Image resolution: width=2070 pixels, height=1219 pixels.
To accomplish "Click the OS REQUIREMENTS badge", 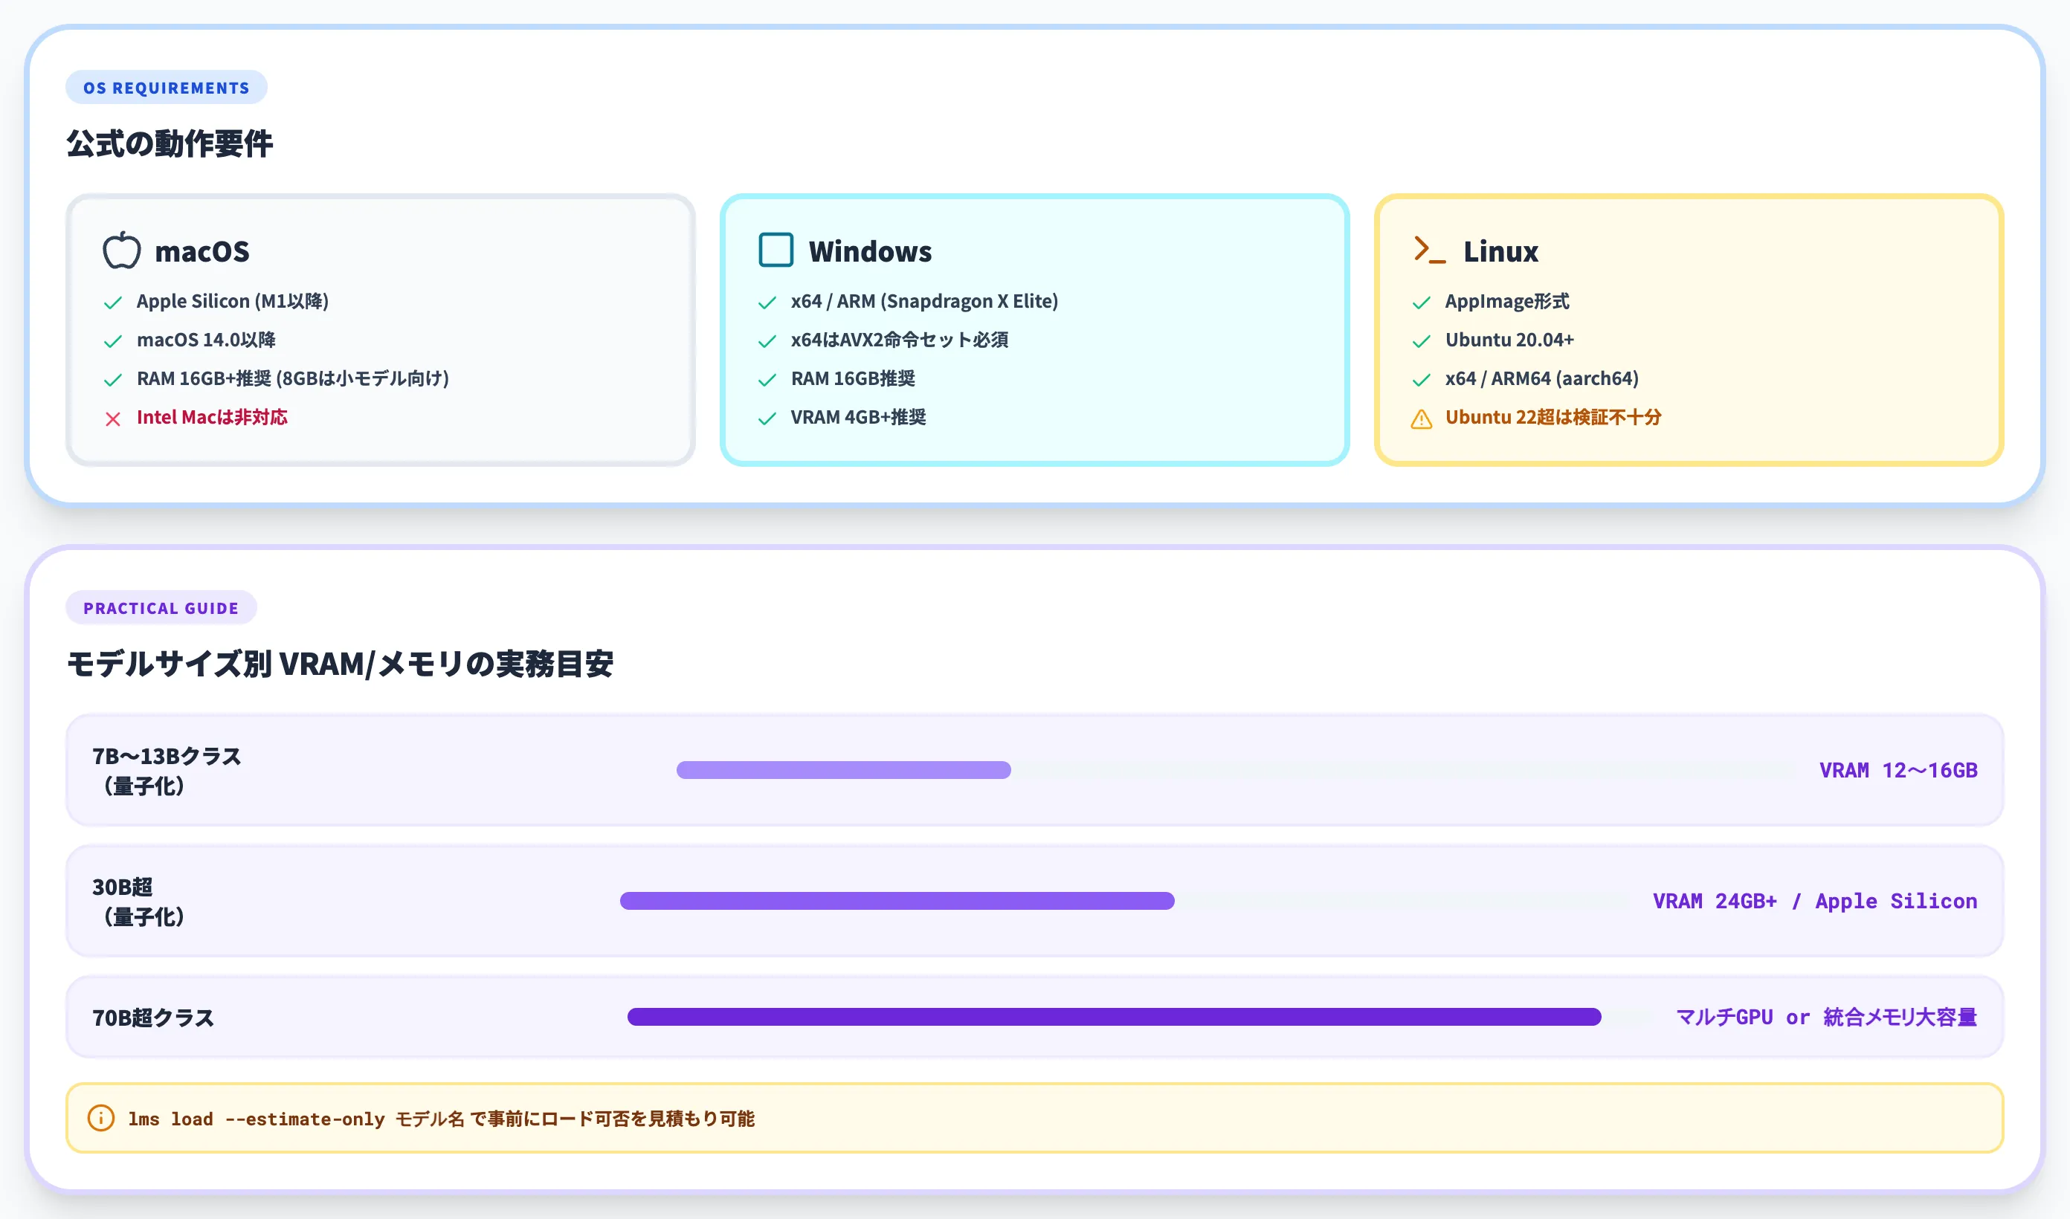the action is [166, 87].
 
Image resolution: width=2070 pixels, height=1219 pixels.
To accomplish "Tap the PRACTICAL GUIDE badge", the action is [161, 608].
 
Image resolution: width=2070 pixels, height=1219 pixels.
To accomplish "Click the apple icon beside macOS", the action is [122, 250].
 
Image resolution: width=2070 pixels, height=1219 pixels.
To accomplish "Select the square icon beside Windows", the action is [776, 250].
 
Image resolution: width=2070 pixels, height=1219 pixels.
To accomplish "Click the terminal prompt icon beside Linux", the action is [1429, 250].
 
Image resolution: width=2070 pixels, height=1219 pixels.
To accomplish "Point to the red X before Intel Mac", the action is [113, 419].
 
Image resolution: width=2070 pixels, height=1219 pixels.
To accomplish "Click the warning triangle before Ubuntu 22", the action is [1421, 419].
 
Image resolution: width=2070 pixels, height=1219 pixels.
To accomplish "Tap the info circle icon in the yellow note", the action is [101, 1118].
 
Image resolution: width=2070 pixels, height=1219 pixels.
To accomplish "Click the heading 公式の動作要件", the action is [170, 143].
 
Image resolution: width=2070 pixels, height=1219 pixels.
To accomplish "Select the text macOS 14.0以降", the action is [206, 340].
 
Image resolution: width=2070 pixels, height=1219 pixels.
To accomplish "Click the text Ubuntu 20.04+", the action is [1509, 340].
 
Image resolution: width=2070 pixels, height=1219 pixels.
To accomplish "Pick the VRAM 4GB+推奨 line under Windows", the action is [858, 417].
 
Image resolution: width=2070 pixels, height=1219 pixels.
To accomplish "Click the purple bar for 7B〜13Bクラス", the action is [844, 769].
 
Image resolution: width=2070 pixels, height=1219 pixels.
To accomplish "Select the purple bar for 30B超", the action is [897, 901].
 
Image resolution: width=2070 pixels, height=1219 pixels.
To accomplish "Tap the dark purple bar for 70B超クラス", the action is [1114, 1017].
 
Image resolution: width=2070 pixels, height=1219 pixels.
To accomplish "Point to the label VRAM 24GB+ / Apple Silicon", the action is [1814, 901].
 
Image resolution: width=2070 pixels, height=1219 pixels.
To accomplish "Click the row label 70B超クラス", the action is [152, 1018].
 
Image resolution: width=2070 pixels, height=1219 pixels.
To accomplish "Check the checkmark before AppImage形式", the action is [1421, 303].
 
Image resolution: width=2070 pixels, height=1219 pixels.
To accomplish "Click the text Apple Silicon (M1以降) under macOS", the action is [233, 302].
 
